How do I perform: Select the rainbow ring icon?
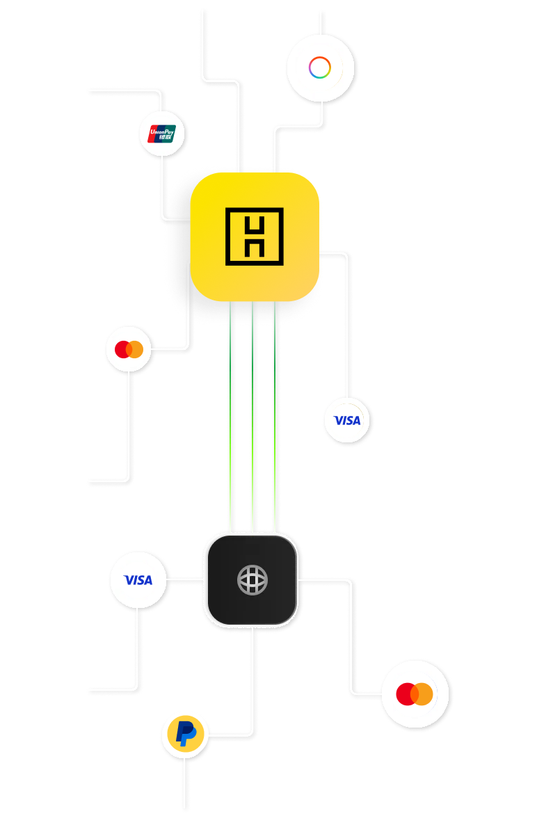coord(320,67)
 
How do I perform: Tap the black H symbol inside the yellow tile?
coord(255,236)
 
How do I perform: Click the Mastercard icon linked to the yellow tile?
coord(129,349)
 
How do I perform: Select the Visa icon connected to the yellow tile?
coord(347,420)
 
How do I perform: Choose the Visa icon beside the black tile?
coord(138,579)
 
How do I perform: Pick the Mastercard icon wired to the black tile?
coord(415,693)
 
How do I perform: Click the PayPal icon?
coord(184,734)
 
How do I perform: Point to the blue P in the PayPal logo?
coord(184,734)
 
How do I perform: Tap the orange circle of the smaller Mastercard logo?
coord(135,349)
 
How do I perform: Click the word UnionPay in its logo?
coord(162,129)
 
